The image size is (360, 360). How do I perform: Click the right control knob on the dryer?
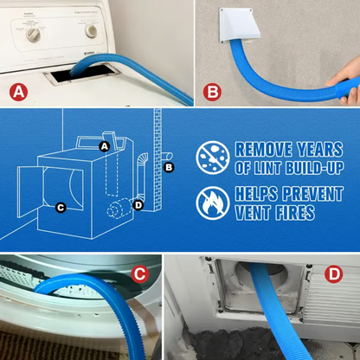click(90, 30)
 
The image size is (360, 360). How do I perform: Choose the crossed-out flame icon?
click(213, 202)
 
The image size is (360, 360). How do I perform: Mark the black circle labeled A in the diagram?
click(104, 146)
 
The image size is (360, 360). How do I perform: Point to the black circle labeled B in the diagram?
click(170, 166)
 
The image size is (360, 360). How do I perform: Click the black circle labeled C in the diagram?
click(60, 208)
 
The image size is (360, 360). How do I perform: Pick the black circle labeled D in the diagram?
click(138, 204)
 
